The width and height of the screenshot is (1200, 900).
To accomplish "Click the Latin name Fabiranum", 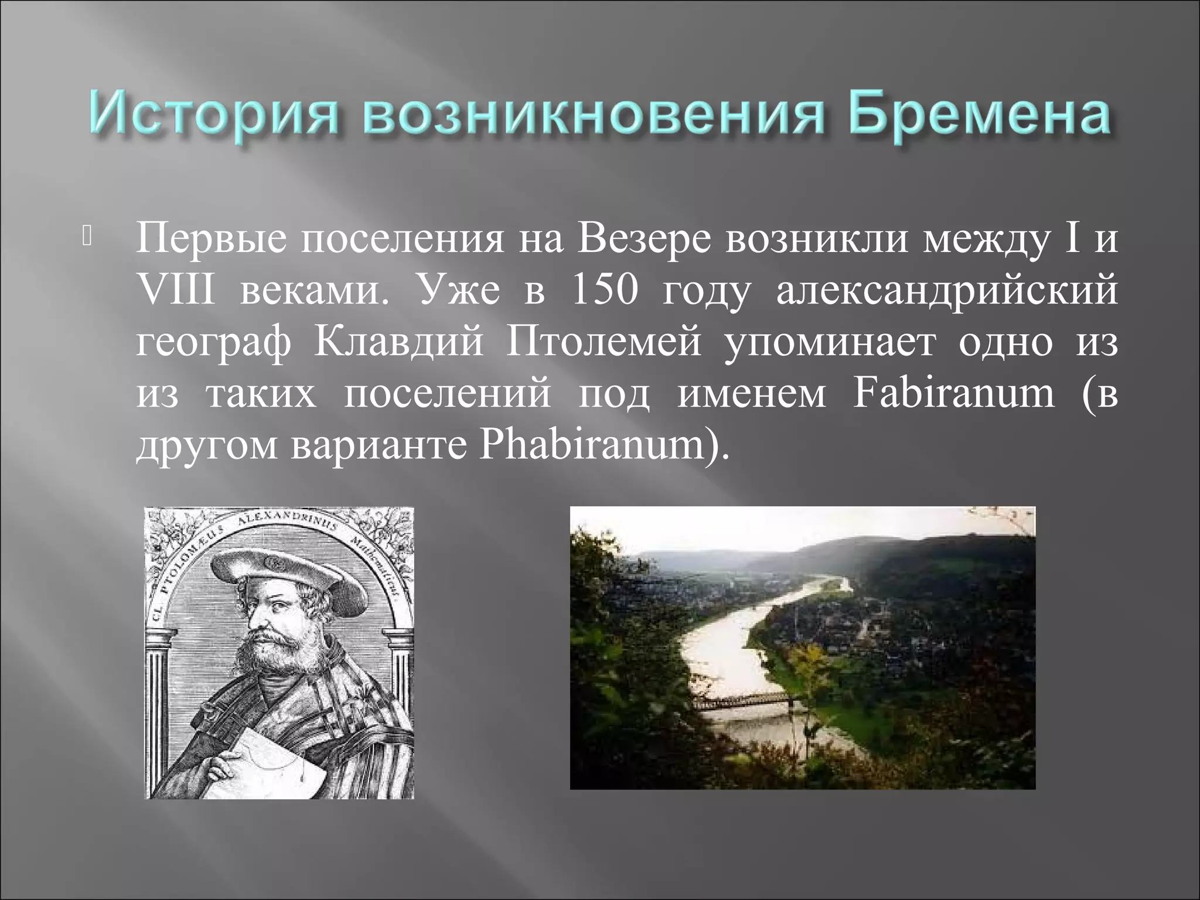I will point(953,393).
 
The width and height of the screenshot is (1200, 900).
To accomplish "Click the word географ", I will point(213,342).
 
